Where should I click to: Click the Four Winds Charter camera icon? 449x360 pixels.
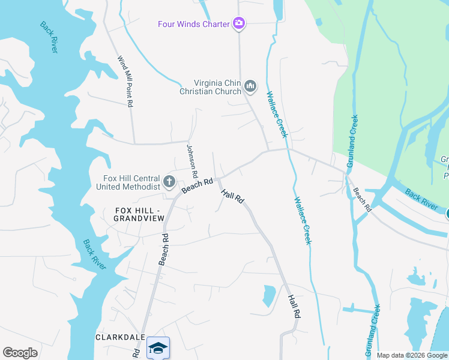pyautogui.click(x=239, y=23)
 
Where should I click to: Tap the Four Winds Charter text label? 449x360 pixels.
pyautogui.click(x=194, y=24)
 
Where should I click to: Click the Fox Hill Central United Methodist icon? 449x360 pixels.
pyautogui.click(x=169, y=181)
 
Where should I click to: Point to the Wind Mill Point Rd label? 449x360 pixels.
pyautogui.click(x=124, y=82)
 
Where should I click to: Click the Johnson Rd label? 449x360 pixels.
pyautogui.click(x=192, y=160)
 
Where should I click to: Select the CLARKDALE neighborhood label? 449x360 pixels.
pyautogui.click(x=119, y=337)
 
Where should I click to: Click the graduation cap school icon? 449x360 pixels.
pyautogui.click(x=158, y=348)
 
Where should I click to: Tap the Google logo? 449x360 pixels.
pyautogui.click(x=20, y=353)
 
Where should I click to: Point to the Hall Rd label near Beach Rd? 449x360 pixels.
pyautogui.click(x=232, y=196)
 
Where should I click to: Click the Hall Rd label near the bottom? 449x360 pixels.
pyautogui.click(x=293, y=306)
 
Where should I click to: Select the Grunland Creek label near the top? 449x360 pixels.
pyautogui.click(x=352, y=141)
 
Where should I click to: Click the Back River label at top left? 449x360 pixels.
pyautogui.click(x=49, y=37)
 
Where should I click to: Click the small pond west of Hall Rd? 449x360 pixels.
pyautogui.click(x=269, y=296)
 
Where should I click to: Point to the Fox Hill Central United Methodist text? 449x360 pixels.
pyautogui.click(x=128, y=182)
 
